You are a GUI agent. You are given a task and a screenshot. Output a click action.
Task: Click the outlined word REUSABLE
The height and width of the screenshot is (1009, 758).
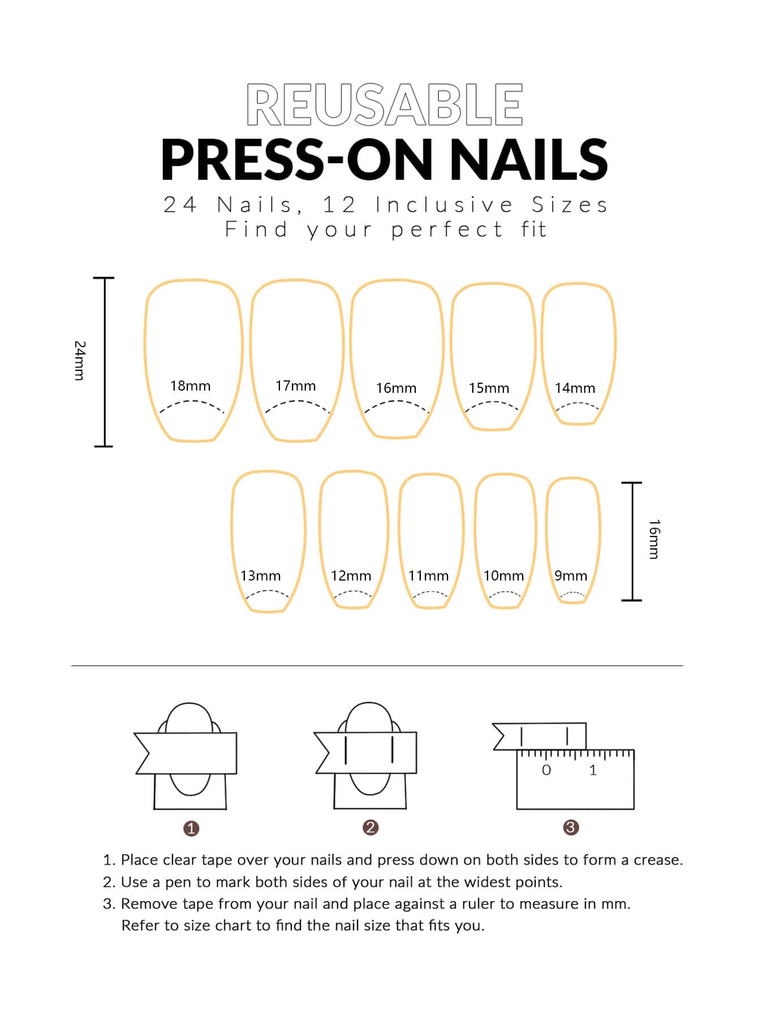pyautogui.click(x=385, y=105)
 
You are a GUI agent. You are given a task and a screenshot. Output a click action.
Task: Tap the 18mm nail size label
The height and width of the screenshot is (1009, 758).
pyautogui.click(x=190, y=386)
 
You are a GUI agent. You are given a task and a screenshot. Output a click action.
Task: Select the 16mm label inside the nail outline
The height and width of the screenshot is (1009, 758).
pyautogui.click(x=396, y=388)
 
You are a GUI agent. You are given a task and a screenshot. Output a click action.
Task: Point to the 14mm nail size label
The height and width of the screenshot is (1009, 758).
pyautogui.click(x=575, y=388)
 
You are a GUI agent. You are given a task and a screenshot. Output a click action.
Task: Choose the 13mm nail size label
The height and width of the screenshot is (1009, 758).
pyautogui.click(x=260, y=576)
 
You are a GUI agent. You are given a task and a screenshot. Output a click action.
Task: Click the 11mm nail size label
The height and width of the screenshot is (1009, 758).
pyautogui.click(x=428, y=576)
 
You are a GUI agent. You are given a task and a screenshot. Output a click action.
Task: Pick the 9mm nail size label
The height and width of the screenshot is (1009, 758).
pyautogui.click(x=571, y=576)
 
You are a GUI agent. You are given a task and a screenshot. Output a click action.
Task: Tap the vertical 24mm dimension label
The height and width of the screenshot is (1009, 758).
pyautogui.click(x=80, y=360)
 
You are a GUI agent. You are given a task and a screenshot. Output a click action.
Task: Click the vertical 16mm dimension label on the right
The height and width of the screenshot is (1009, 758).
pyautogui.click(x=654, y=539)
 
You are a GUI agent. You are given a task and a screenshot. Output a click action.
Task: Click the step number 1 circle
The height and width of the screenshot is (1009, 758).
pyautogui.click(x=191, y=829)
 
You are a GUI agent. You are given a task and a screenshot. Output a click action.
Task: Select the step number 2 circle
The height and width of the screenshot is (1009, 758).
pyautogui.click(x=371, y=828)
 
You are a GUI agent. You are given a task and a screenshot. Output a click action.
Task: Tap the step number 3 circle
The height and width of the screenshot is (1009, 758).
pyautogui.click(x=571, y=828)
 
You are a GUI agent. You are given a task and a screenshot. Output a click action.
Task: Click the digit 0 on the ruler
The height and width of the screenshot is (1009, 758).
pyautogui.click(x=546, y=770)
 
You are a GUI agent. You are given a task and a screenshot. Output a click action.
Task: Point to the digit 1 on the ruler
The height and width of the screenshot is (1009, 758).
pyautogui.click(x=593, y=770)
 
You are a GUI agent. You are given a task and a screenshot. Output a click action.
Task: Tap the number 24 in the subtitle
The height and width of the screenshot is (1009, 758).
pyautogui.click(x=180, y=205)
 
